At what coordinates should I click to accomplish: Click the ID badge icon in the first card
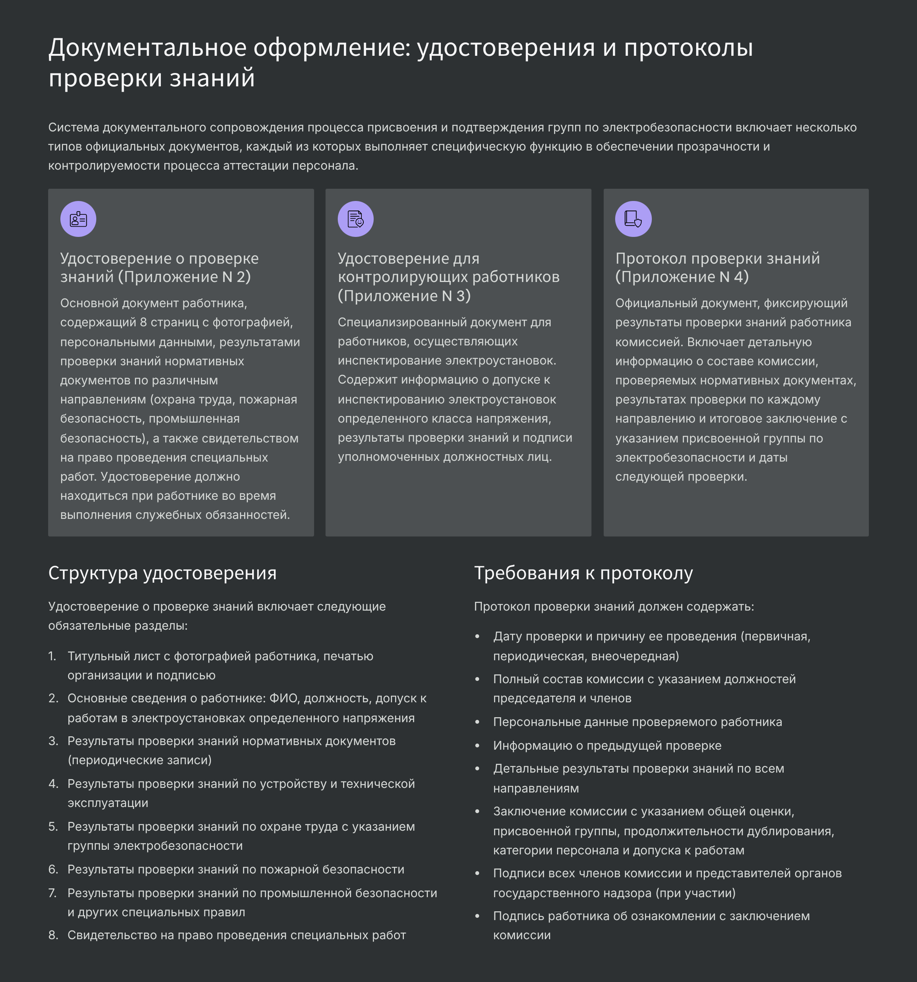point(78,219)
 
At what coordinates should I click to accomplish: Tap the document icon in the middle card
point(355,219)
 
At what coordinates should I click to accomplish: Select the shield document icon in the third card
point(633,219)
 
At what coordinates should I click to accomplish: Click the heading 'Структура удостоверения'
point(162,573)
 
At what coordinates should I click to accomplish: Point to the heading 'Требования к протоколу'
point(583,573)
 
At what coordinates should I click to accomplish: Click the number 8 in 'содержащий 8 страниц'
point(143,322)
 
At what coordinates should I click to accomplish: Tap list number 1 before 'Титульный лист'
point(52,656)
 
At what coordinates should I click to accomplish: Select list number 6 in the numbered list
point(53,869)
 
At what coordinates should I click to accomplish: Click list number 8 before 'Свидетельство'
point(53,935)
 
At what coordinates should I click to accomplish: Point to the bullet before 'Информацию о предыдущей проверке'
point(477,746)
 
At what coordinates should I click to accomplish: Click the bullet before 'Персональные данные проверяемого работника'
point(477,722)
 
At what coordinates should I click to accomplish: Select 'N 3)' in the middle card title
point(456,296)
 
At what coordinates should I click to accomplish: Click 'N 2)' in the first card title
point(236,277)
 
